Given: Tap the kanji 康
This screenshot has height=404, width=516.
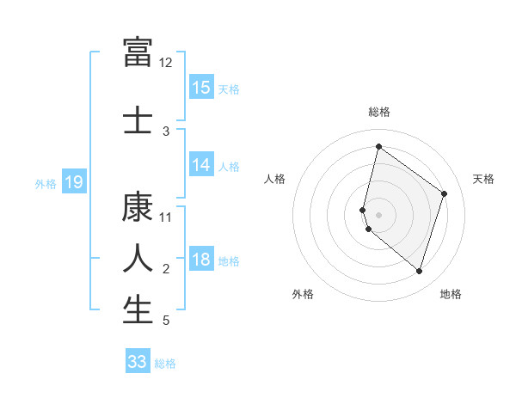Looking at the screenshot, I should pos(138,207).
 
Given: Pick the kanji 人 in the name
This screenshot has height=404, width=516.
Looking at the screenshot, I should pos(138,258).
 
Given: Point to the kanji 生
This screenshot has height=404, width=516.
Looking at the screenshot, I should pos(138,309).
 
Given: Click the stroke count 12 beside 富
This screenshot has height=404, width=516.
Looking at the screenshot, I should pos(166,63).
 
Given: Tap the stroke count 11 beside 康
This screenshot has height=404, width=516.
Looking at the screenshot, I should pos(166,217).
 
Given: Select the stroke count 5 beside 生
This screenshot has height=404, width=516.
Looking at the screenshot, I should pos(166,321).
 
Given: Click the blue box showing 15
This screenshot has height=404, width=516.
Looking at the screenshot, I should pos(201,87).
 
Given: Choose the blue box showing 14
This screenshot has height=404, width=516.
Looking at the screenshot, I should pos(201,165).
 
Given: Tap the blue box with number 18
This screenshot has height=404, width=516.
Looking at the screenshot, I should pos(201,260).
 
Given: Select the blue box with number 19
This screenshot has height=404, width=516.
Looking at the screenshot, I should pos(73,182).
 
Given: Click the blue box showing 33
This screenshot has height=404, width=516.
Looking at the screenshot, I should pos(138,362).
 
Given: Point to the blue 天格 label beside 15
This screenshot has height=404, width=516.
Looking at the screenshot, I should pos(229,89).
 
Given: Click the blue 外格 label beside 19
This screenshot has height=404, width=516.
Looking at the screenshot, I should pos(46,183).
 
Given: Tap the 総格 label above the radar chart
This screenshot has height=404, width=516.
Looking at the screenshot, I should pos(379,112).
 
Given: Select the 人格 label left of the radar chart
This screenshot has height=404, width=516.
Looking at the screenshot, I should pos(275,179).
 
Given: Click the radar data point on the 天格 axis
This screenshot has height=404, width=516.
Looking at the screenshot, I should pos(445,193).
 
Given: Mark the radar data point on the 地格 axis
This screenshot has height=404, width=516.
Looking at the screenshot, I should pos(419,272).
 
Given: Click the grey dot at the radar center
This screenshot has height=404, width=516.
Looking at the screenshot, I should pos(379,214).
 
